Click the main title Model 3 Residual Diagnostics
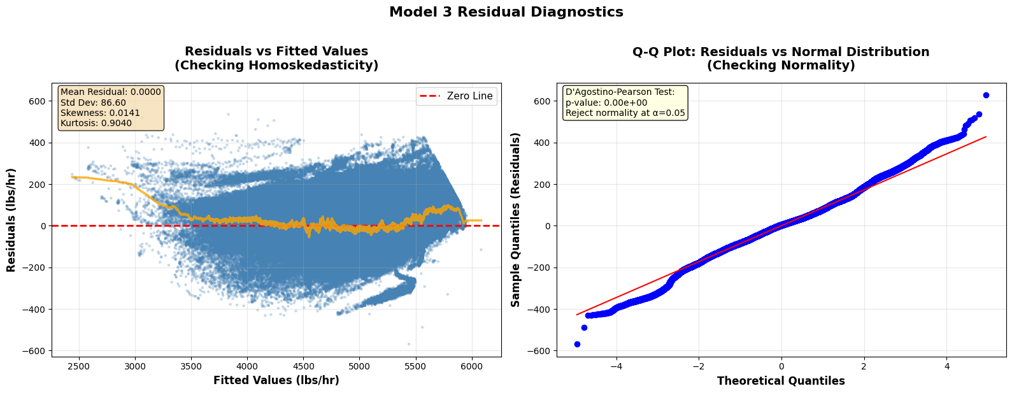point(506,12)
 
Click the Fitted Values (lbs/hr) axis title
point(276,380)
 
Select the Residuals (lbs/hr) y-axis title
point(11,220)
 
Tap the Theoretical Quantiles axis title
point(781,381)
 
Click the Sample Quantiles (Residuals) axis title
point(516,220)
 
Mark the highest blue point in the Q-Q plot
point(986,95)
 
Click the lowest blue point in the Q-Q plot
point(577,344)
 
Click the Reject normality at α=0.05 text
point(625,113)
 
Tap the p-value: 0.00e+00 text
point(606,103)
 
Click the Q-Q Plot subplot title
point(781,58)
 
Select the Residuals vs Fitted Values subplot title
point(276,58)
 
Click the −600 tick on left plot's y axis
point(36,351)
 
